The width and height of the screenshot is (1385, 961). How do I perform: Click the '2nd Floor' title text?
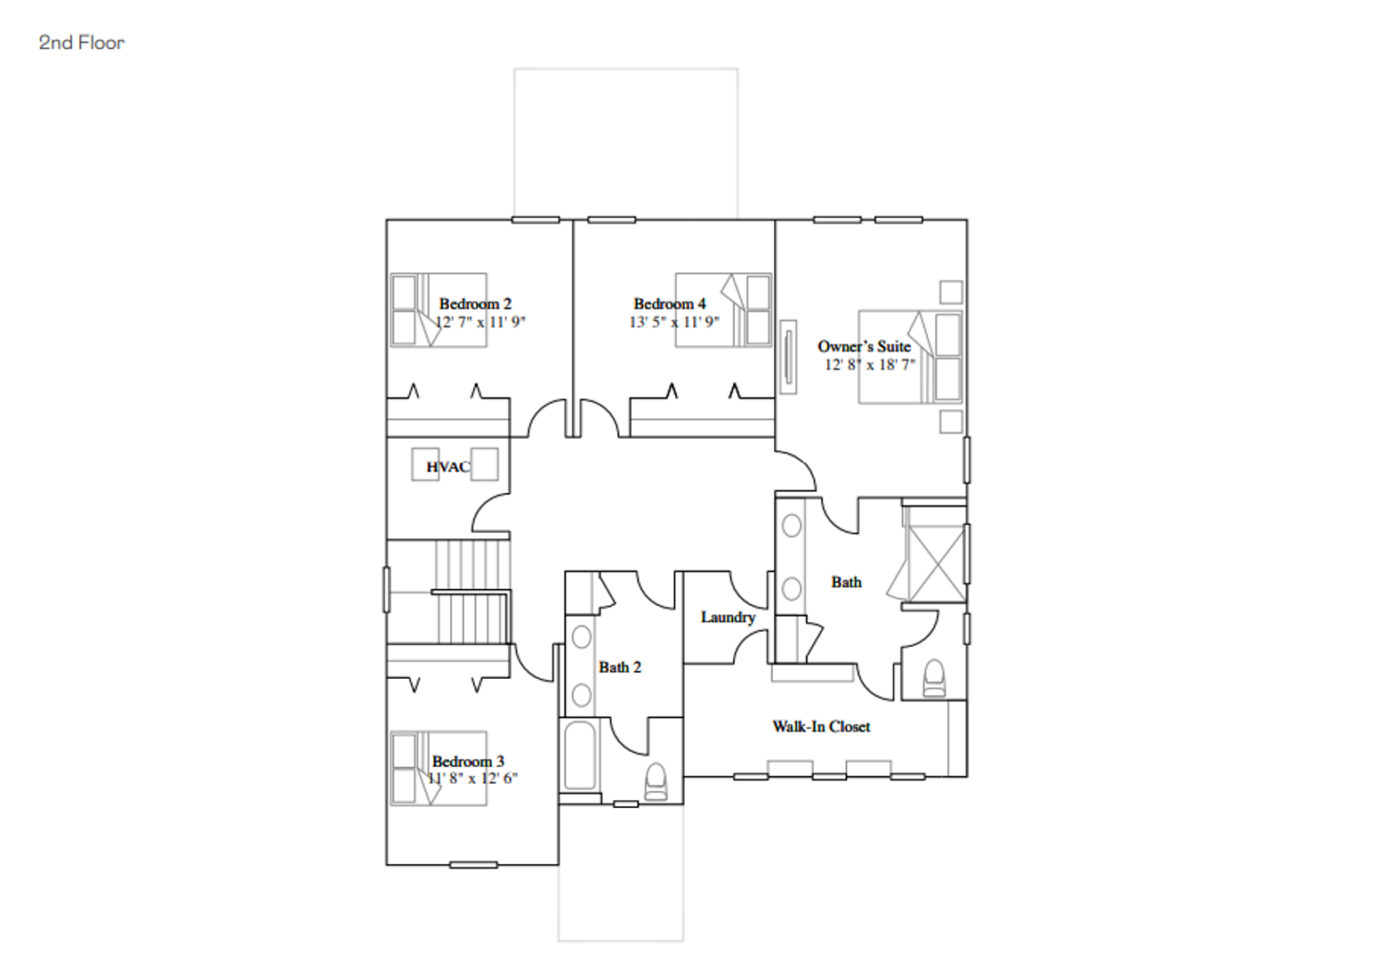coord(82,43)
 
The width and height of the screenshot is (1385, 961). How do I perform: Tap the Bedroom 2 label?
coord(475,303)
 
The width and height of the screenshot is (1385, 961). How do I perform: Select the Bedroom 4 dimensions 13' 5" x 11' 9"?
coord(674,321)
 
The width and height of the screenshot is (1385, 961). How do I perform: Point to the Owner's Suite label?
coord(864,346)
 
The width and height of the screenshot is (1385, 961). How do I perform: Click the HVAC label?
coord(448,467)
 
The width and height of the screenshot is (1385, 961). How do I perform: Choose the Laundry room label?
coord(728,618)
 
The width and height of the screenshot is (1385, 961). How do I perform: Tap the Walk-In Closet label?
coord(821,727)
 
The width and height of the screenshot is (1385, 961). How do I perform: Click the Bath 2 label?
coord(619,667)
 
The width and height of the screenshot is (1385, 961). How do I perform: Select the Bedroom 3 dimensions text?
coord(473,778)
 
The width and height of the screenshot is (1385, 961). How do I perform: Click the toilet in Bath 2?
coord(656,782)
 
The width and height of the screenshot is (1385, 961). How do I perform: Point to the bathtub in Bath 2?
coord(580,755)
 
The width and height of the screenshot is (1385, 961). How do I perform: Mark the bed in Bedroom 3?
coord(439,769)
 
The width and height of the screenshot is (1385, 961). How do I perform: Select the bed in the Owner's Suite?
coord(910,357)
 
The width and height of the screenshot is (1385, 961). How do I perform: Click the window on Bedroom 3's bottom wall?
coord(473,865)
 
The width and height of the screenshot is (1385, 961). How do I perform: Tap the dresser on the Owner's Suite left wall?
coord(788,357)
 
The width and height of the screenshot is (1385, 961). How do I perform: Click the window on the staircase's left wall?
coord(387,590)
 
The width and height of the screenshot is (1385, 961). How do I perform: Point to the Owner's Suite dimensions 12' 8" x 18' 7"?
coord(870,365)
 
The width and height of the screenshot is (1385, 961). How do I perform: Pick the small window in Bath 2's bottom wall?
coord(625,804)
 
